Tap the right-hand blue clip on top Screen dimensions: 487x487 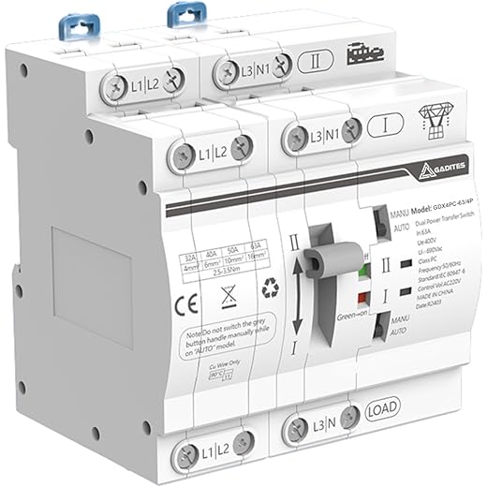[x=182, y=16]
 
